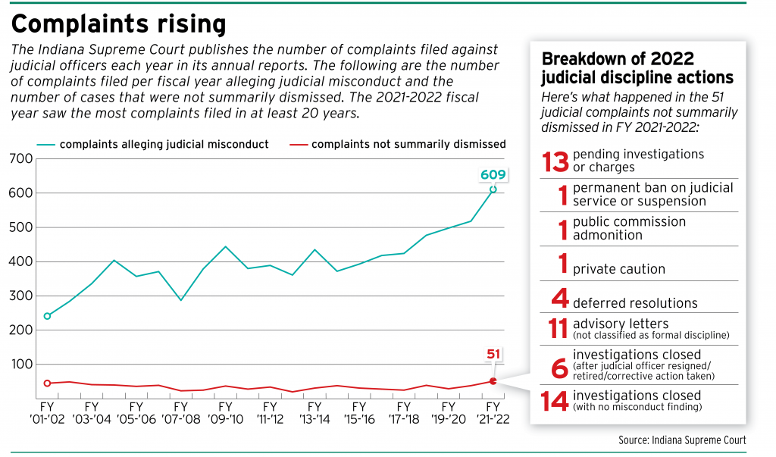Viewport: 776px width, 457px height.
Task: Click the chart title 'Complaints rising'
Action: click(x=118, y=23)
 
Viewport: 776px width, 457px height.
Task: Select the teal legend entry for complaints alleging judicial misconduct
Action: click(x=152, y=144)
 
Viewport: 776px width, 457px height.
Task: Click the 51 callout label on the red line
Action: click(x=492, y=354)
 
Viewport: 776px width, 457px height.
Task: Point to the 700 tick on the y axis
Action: click(x=21, y=158)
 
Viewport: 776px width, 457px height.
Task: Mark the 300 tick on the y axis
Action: click(x=21, y=296)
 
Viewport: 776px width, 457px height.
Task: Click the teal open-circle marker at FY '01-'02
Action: click(x=47, y=316)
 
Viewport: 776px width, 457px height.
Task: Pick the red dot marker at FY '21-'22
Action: click(x=493, y=381)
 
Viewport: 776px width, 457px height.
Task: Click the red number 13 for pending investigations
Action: click(x=555, y=161)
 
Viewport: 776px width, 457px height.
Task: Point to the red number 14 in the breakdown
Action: click(x=555, y=401)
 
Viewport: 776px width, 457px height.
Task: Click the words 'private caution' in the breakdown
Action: click(x=618, y=268)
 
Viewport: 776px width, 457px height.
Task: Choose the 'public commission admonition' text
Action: click(x=629, y=228)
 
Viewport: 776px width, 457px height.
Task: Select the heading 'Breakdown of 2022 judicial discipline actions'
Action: click(x=637, y=68)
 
